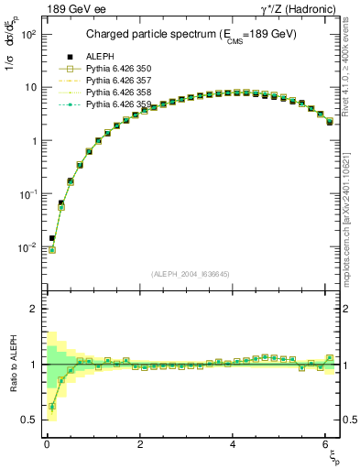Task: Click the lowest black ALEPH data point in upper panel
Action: pos(52,238)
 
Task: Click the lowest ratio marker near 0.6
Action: pos(52,407)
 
